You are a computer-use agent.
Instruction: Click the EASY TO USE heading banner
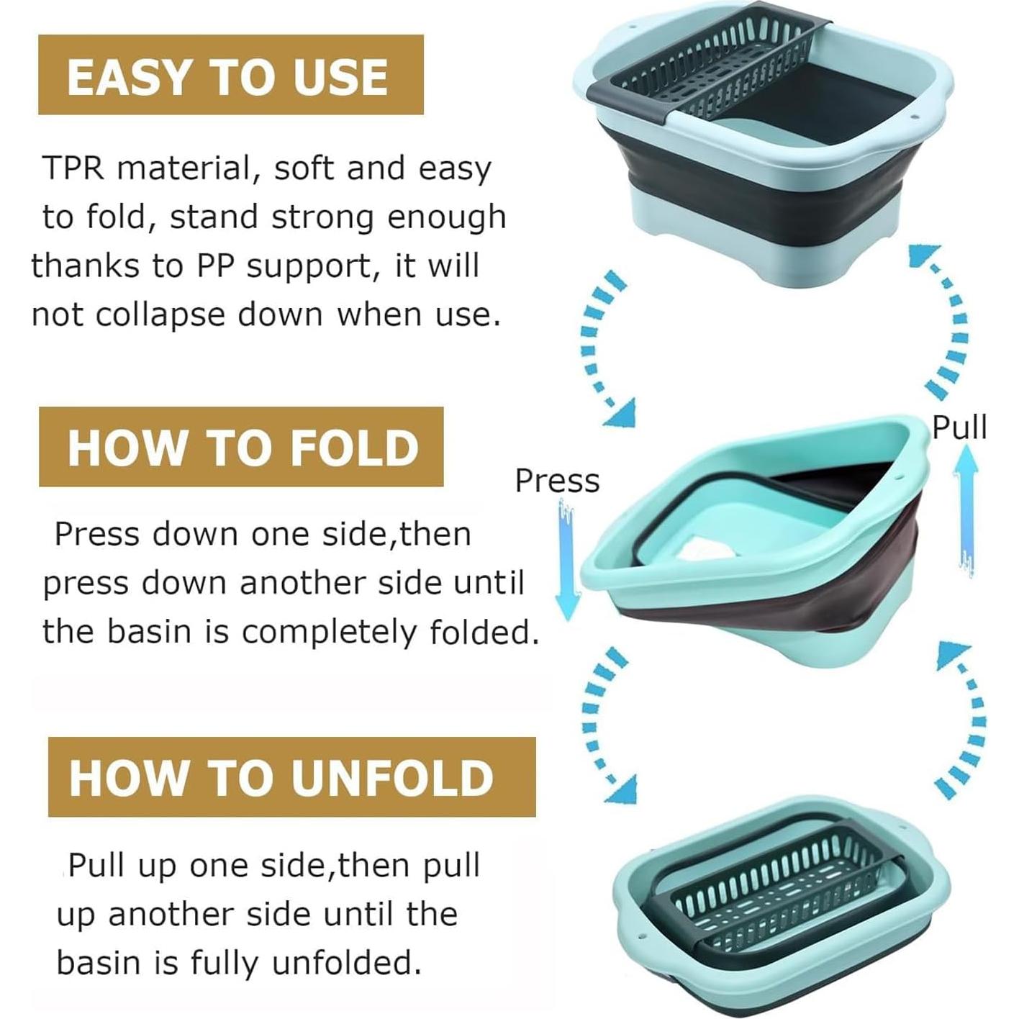click(x=230, y=75)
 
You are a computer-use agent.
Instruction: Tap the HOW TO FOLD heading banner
click(x=241, y=447)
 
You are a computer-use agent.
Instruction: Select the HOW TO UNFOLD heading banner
click(x=292, y=776)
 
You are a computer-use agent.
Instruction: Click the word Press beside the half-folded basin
click(x=558, y=481)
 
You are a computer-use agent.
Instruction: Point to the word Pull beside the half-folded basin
click(x=959, y=427)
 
